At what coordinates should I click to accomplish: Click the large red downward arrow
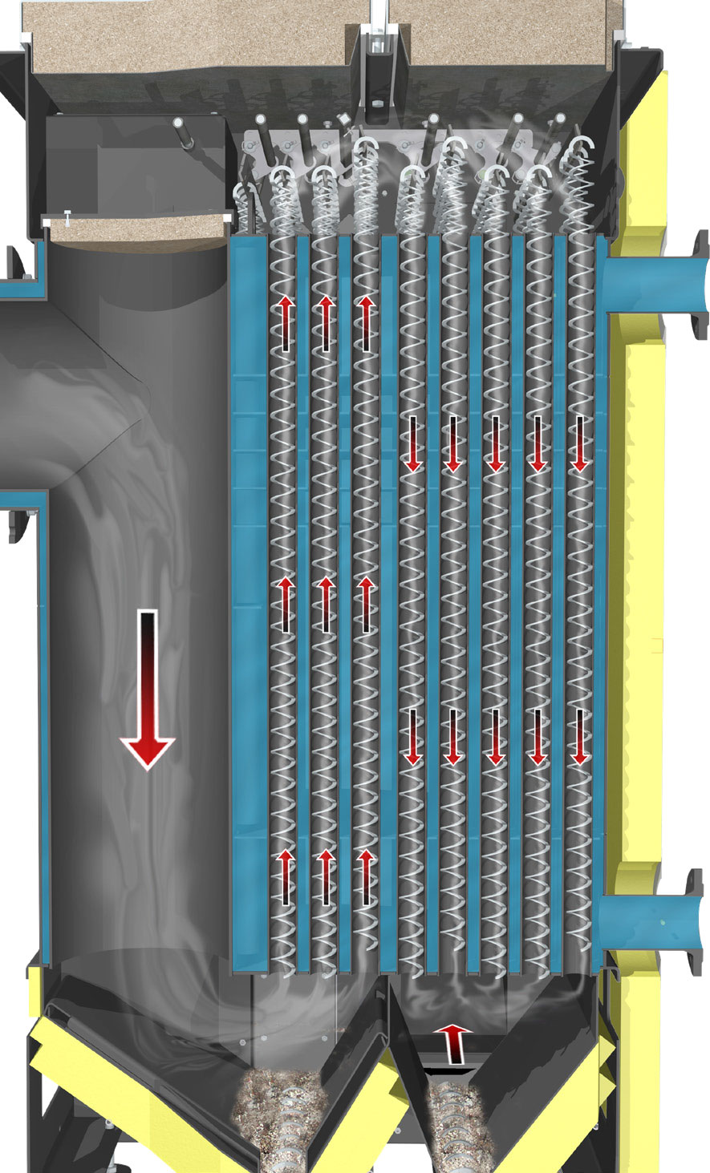tap(148, 690)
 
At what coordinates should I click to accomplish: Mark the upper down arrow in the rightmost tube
tap(578, 443)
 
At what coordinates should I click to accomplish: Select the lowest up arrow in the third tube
tap(366, 877)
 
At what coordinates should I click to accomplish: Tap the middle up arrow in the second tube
tap(325, 604)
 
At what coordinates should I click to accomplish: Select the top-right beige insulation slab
tap(513, 32)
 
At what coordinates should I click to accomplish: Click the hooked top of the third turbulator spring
tap(367, 148)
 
